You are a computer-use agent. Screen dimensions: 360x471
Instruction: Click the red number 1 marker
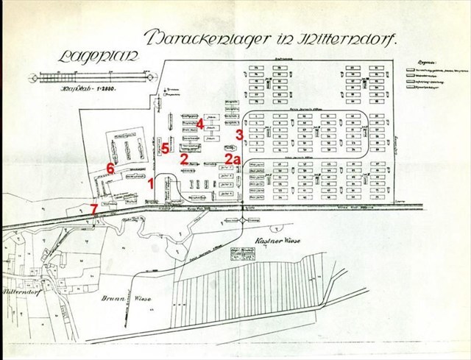[x=152, y=183]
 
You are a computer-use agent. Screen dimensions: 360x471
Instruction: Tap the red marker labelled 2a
[x=233, y=158]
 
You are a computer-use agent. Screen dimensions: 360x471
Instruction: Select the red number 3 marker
[x=239, y=135]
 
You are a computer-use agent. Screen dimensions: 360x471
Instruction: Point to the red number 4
[x=200, y=124]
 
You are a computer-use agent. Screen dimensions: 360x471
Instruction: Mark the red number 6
[x=111, y=169]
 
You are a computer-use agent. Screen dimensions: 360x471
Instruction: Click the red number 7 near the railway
[x=93, y=208]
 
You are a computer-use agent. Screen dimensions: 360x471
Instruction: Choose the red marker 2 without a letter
[x=184, y=157]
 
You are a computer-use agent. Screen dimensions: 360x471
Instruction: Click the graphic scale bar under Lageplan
[x=88, y=77]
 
